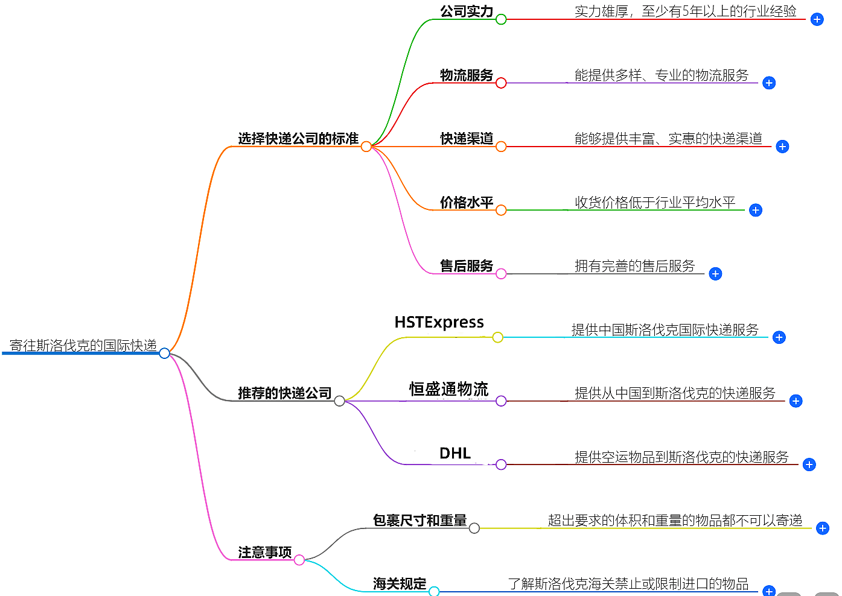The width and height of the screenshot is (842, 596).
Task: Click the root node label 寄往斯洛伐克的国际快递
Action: [x=83, y=345]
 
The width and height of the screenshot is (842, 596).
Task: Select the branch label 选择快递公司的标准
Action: [x=298, y=139]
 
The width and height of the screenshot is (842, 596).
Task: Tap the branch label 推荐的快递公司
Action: [x=285, y=393]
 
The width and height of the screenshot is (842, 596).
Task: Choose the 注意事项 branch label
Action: [x=265, y=552]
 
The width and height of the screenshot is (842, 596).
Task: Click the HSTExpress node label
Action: [x=439, y=322]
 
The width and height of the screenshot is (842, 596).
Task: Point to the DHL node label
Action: [x=455, y=453]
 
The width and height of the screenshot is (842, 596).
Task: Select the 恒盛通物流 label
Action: [x=448, y=389]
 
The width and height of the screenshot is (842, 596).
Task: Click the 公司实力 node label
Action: [x=467, y=11]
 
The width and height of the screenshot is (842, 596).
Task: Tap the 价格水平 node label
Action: [x=467, y=202]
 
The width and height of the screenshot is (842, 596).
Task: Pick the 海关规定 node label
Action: [x=400, y=583]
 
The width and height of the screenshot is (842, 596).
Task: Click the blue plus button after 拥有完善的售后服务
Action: [x=715, y=274]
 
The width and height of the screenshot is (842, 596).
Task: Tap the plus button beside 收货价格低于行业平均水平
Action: [x=756, y=210]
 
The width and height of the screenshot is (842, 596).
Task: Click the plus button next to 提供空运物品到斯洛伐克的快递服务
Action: [x=809, y=464]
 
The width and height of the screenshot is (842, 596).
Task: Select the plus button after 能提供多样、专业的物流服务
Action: [x=769, y=83]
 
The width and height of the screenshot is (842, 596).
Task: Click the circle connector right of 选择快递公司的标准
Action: [x=366, y=147]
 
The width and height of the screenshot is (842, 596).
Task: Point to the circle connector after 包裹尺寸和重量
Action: [x=474, y=528]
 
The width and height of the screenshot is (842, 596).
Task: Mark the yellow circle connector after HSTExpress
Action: [x=497, y=337]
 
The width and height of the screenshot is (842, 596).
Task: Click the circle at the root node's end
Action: [x=165, y=353]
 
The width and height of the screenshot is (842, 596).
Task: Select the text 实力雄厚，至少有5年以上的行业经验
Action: [x=685, y=11]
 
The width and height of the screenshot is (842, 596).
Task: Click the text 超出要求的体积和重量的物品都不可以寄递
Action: [x=675, y=520]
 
